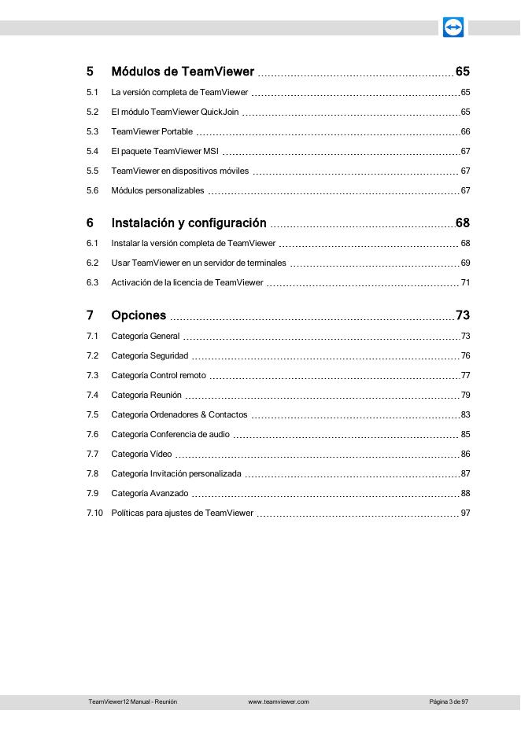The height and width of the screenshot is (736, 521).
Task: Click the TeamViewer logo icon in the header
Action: point(453,28)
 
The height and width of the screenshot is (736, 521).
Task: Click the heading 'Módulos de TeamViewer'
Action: point(183,72)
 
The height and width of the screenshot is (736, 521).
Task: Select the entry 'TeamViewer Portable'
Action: point(152,131)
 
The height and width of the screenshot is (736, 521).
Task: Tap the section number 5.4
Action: point(92,151)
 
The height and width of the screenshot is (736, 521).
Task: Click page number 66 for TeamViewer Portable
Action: point(465,131)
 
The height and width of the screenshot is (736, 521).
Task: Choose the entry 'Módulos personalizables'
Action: point(157,190)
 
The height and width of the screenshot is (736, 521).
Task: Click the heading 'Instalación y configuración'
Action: point(189,223)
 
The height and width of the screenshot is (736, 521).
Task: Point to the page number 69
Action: point(465,263)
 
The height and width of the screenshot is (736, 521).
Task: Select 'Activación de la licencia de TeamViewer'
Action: point(187,282)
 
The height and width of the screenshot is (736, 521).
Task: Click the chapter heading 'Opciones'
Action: point(139,316)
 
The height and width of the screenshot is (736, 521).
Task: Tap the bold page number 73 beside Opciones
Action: point(463,316)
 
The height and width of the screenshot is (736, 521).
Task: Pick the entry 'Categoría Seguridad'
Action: point(150,355)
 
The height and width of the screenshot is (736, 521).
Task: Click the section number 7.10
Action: point(94,513)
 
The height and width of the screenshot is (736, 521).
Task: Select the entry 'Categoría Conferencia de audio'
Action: point(170,434)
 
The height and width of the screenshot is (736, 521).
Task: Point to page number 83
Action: point(465,414)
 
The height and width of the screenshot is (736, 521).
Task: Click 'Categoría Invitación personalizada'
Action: point(176,473)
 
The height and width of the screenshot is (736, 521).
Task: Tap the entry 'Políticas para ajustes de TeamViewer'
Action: point(183,513)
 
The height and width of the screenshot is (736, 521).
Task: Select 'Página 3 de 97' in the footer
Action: point(449,701)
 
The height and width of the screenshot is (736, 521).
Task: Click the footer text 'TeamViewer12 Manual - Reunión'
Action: point(132,701)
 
